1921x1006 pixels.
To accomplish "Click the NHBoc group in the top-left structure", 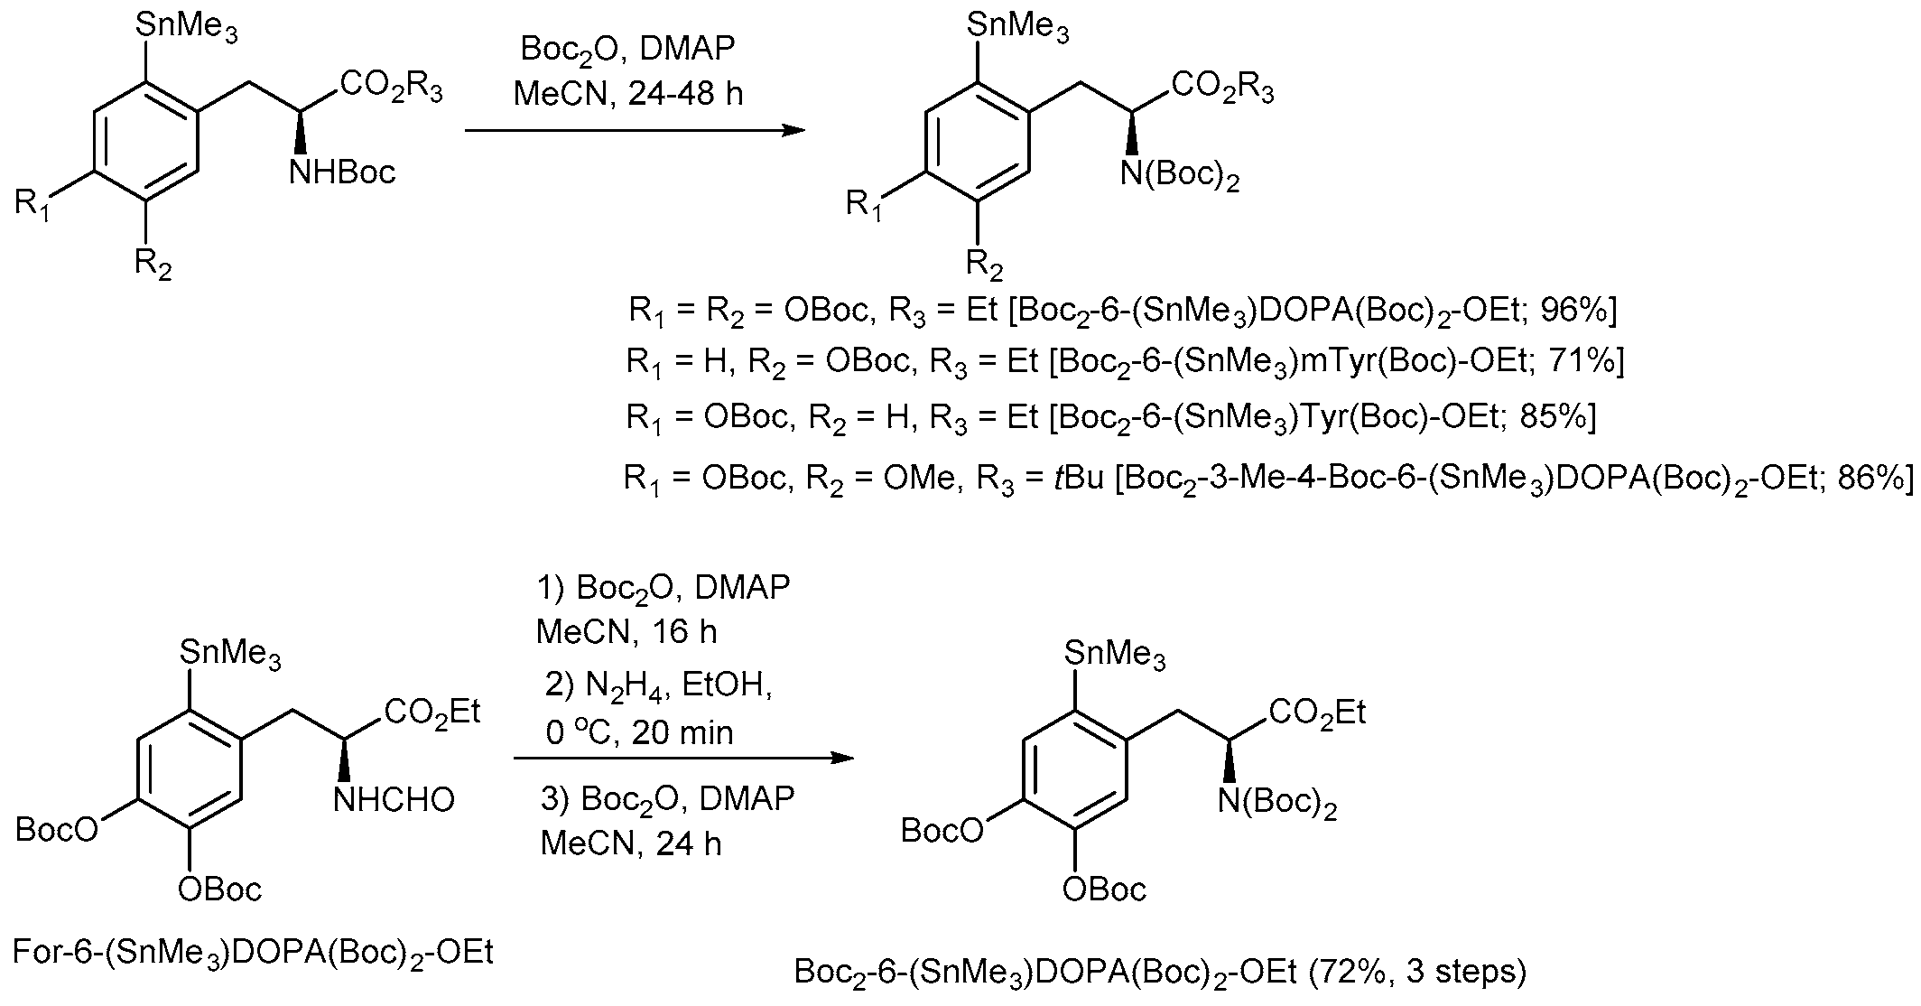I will click(x=342, y=172).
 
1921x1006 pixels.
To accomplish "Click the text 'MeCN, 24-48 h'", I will click(x=628, y=94).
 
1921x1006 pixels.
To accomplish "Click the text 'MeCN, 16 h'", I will click(x=626, y=631).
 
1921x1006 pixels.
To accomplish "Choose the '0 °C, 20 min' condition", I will click(x=639, y=732).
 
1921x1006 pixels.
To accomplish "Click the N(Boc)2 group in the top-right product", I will click(x=1179, y=173).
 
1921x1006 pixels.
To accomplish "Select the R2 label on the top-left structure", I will click(x=153, y=264).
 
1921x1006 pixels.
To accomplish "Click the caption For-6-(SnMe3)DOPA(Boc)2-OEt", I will click(x=254, y=952).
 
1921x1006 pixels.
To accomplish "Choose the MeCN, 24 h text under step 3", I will click(x=631, y=843).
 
